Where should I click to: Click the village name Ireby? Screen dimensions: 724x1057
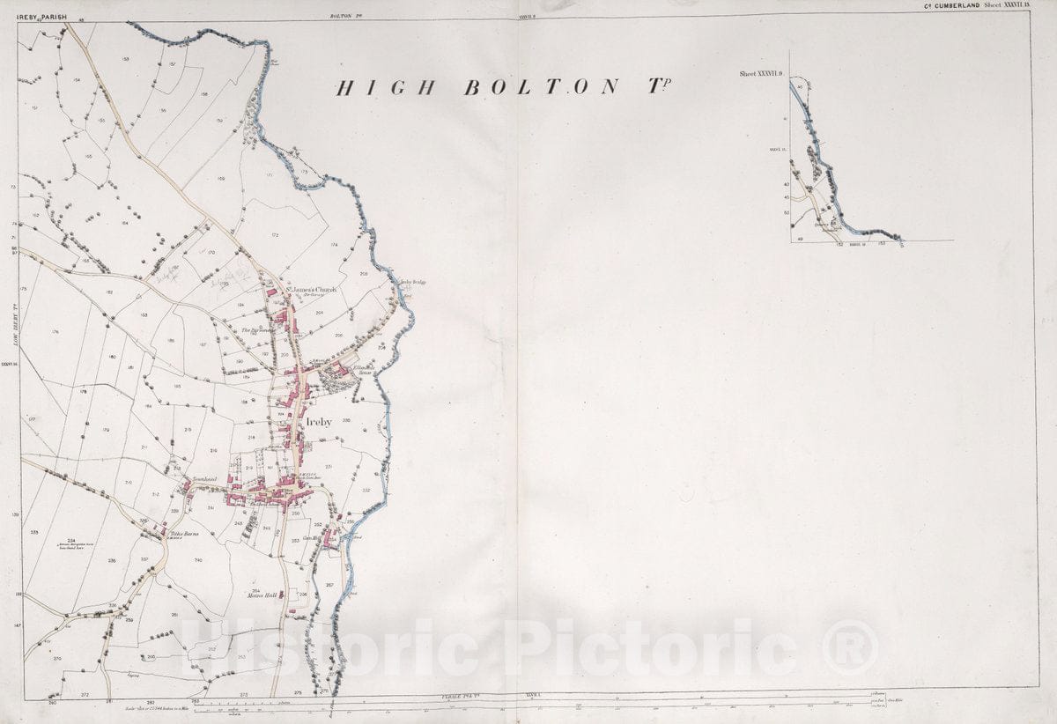pyautogui.click(x=318, y=423)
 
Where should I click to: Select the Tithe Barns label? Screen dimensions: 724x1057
pyautogui.click(x=185, y=534)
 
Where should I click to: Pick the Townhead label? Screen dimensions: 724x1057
pyautogui.click(x=204, y=480)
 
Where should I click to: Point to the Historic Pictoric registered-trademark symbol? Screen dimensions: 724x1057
pyautogui.click(x=851, y=647)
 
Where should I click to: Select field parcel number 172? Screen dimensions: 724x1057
pyautogui.click(x=275, y=235)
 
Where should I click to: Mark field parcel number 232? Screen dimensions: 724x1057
pyautogui.click(x=366, y=490)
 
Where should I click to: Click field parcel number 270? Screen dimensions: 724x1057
pyautogui.click(x=57, y=658)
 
